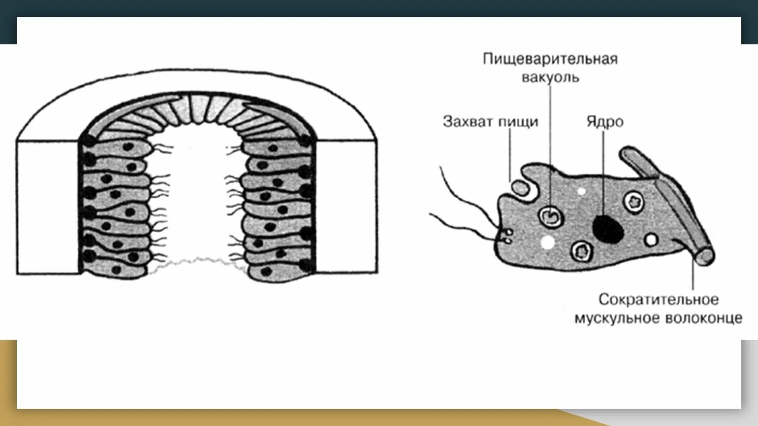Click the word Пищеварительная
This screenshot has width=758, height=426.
tap(550, 59)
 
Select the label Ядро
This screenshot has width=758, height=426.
tap(605, 122)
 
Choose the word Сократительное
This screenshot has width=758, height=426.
tap(659, 299)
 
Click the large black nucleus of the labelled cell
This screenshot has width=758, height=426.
tap(607, 229)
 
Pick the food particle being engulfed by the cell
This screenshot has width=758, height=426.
tap(519, 187)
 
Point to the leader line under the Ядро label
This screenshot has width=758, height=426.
tap(602, 173)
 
